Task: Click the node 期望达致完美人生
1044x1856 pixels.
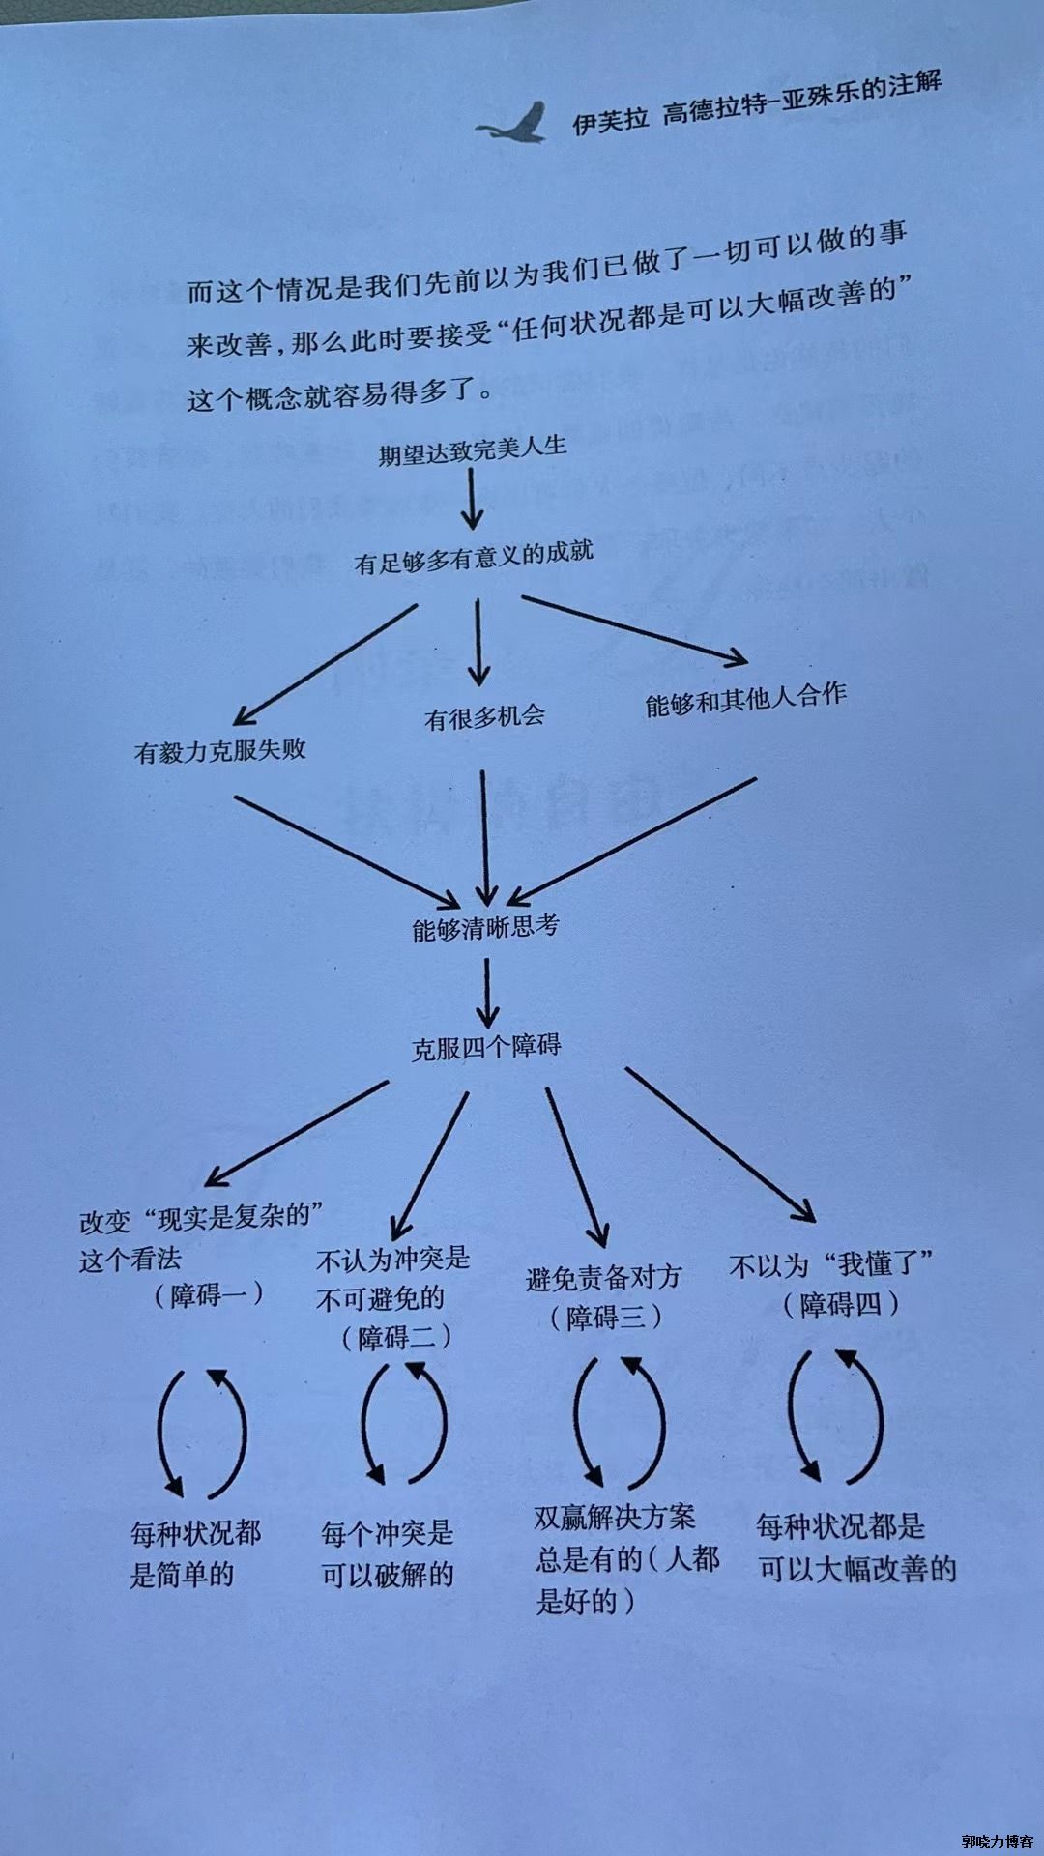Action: coord(472,450)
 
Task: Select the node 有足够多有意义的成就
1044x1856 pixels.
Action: coord(474,557)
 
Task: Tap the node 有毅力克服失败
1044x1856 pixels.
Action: coord(220,750)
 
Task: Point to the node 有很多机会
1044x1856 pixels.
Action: coord(484,717)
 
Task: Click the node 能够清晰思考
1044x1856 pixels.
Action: coord(485,928)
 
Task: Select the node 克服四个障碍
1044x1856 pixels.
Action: coord(486,1047)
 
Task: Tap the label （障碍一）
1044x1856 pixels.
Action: coord(209,1294)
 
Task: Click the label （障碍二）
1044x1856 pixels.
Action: coord(396,1338)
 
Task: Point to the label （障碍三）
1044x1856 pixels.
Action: coord(606,1317)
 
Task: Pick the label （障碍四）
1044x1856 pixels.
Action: coord(841,1305)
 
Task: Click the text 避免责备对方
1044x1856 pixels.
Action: coord(604,1278)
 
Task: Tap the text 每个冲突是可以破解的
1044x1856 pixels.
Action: coord(388,1553)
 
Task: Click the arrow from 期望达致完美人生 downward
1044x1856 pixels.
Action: coord(472,501)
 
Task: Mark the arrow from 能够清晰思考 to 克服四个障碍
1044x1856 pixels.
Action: coord(487,992)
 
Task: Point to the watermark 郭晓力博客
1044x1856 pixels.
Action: coord(998,1841)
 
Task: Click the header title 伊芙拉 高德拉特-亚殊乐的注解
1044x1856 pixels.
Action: coord(757,103)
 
